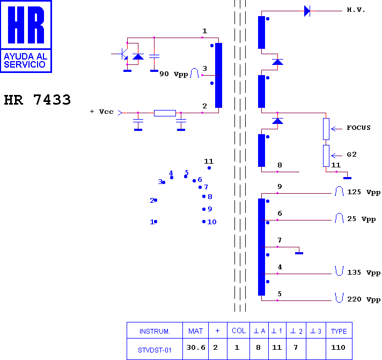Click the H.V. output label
point(356,10)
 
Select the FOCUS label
point(358,128)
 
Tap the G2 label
point(351,155)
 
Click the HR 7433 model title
point(37,100)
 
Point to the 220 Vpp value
point(364,299)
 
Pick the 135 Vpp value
point(364,273)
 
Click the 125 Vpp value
point(364,192)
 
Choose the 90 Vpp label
point(174,74)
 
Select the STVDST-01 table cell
point(155,350)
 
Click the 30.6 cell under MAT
point(196,348)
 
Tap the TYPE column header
point(339,331)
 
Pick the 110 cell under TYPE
point(338,348)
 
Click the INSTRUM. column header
point(155,332)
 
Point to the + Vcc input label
point(101,112)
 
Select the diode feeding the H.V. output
point(307,11)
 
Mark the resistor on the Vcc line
point(165,113)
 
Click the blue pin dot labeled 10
point(204,222)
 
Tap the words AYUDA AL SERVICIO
point(25,61)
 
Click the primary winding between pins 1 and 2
point(218,75)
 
